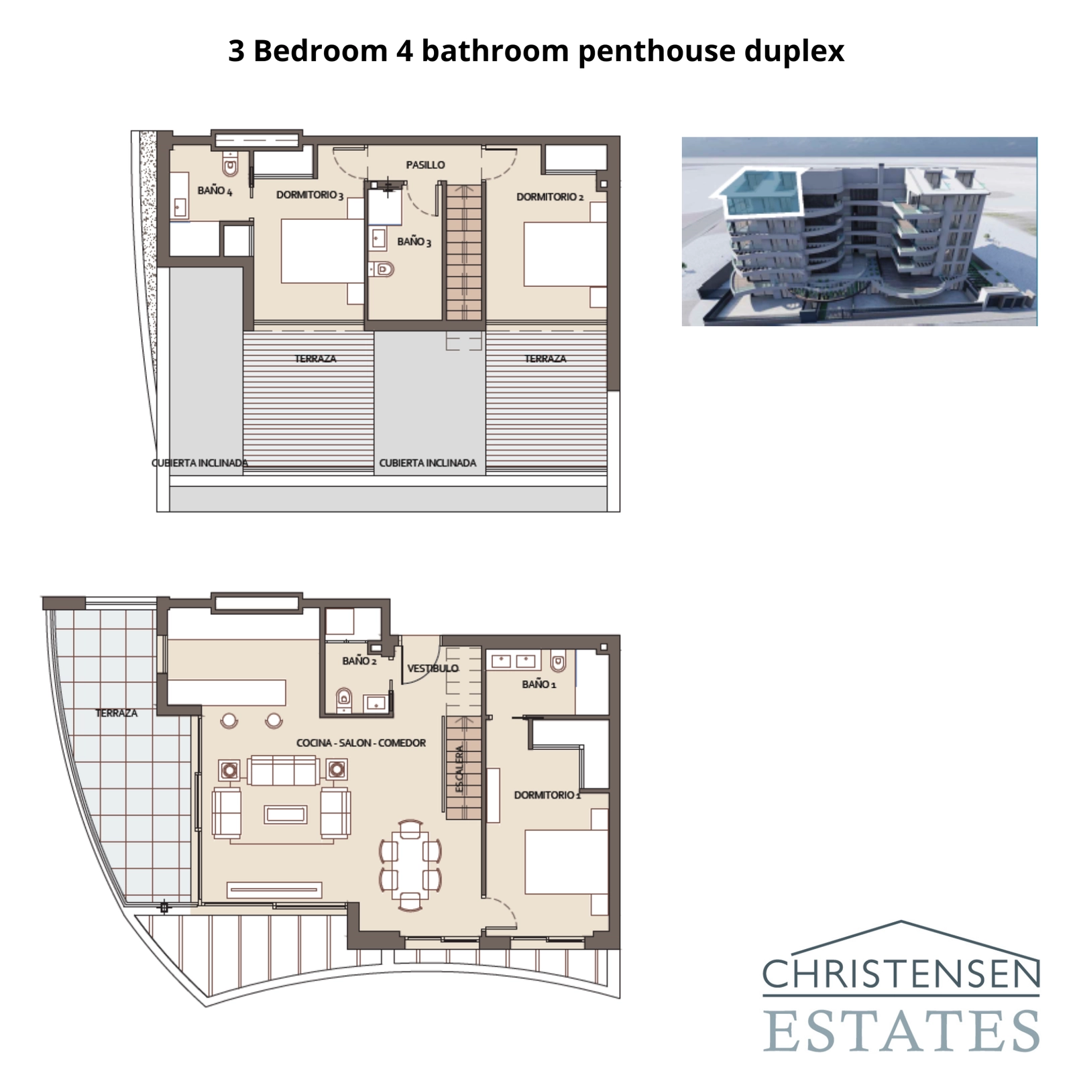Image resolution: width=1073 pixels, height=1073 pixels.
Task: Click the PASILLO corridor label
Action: point(425,165)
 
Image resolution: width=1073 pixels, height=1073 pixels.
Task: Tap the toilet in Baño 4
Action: point(231,164)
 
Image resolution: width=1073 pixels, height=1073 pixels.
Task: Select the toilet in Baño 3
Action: point(382,270)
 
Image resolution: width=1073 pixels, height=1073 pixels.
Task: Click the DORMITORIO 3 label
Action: point(310,195)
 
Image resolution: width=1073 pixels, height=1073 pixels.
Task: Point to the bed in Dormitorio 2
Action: point(565,253)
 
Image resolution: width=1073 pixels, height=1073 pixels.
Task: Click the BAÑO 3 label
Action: point(414,241)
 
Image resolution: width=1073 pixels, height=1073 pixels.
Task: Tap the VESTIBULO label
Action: point(433,668)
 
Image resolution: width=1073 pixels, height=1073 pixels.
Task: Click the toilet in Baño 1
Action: point(557,663)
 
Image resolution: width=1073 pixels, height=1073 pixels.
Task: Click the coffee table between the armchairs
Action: point(286,814)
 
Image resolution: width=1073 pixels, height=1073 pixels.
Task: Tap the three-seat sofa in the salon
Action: point(282,770)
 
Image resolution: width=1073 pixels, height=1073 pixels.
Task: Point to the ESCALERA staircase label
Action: point(460,769)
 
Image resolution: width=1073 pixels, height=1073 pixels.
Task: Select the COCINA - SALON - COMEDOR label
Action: point(361,743)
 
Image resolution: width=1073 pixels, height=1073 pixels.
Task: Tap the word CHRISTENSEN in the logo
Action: point(901,974)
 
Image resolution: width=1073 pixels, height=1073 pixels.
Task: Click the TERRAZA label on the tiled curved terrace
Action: point(116,713)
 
